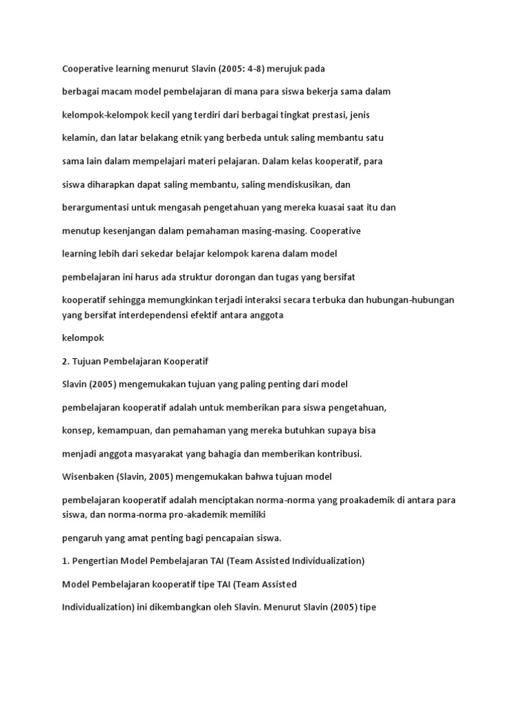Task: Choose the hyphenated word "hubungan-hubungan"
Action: (415, 300)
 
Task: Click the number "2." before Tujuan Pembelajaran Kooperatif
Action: (66, 360)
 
